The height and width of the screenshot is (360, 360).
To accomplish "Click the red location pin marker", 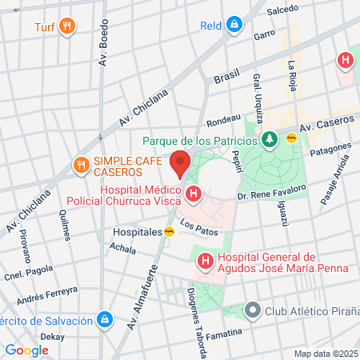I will click(180, 163).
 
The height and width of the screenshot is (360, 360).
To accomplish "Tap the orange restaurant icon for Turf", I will click(68, 26).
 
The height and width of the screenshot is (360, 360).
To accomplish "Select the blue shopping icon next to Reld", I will click(233, 26).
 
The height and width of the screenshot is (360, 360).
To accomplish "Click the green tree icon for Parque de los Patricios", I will click(270, 140).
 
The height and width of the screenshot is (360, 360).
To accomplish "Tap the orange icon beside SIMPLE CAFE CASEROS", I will click(81, 166).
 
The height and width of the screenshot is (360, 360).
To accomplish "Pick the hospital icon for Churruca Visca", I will click(194, 194).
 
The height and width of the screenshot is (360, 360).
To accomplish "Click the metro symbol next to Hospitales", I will click(169, 231).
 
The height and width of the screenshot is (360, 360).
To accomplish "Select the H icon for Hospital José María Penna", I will click(205, 261).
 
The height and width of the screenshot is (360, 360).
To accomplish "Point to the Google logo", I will click(26, 350).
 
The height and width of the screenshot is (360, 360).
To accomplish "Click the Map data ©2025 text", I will click(324, 354).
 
